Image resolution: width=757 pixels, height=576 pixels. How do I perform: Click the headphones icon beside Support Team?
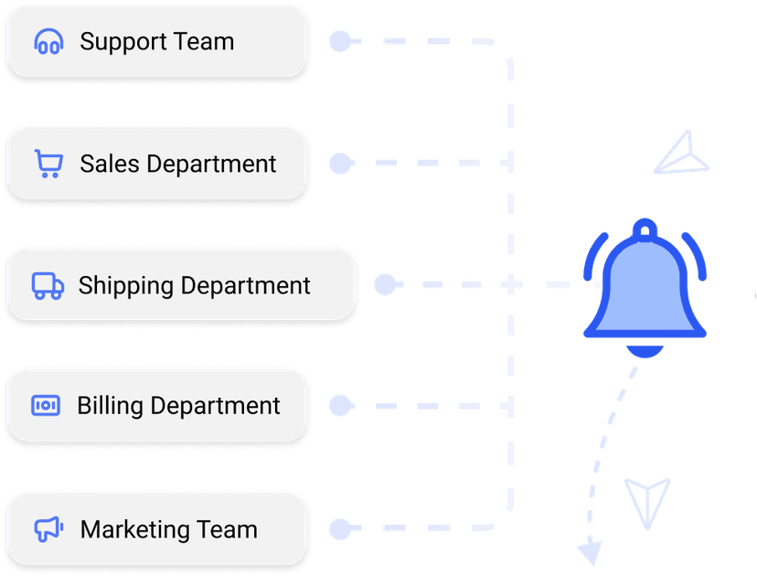48,42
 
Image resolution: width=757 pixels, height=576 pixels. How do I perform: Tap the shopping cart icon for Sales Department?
48,164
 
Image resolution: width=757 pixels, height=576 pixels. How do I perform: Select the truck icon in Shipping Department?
48,285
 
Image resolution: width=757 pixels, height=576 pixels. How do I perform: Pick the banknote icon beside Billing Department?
46,405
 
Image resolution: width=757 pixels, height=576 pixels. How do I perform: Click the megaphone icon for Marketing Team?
48,528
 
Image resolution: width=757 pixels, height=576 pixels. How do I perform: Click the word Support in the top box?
118,42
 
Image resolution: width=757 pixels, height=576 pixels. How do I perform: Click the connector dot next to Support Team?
340,42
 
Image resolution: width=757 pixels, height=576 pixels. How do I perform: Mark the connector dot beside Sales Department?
340,164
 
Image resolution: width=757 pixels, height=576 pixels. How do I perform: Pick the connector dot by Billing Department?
340,405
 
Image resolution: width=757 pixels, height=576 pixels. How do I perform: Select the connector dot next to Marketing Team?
340,528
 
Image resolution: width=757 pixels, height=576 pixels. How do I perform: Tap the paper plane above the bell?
682,154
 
